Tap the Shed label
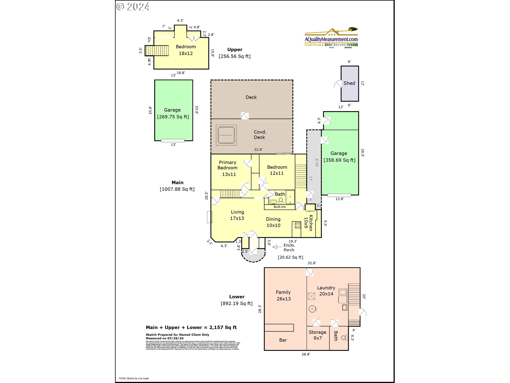(349, 83)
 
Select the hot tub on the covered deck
(226, 135)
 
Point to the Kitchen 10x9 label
(308, 223)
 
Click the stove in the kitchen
(298, 225)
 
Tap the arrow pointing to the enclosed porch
(277, 247)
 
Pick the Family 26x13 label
(283, 295)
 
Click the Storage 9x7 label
(317, 335)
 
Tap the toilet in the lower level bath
(344, 338)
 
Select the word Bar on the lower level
(283, 340)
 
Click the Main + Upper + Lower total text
(191, 327)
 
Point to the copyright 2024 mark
(133, 7)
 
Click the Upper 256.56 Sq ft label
(235, 53)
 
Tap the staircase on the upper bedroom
(157, 51)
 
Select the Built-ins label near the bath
(279, 207)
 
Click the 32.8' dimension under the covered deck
(258, 149)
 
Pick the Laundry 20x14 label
(326, 291)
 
